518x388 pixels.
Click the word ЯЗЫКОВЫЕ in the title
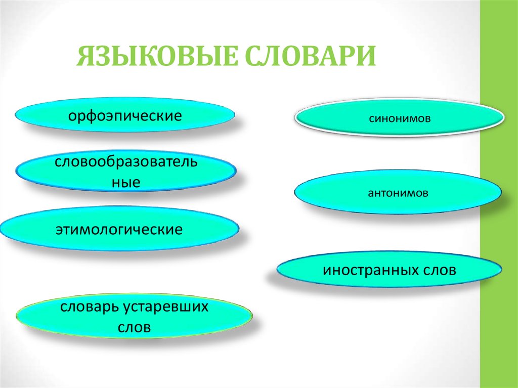154,56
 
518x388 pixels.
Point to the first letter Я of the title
85,56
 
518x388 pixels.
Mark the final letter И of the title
366,56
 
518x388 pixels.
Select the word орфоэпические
125,116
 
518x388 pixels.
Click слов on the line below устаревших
134,327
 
